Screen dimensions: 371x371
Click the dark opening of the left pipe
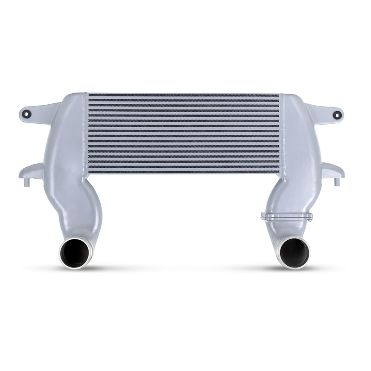tap(74, 253)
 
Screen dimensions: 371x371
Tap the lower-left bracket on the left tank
tap(32, 172)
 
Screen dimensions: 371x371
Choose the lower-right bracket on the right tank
tap(333, 170)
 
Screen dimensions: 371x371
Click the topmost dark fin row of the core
tap(184, 96)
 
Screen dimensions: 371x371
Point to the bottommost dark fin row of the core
tap(184, 172)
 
